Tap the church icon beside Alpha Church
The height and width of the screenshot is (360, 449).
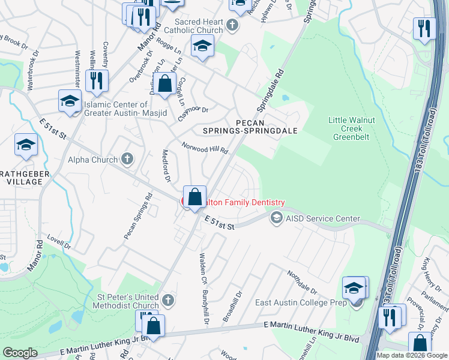pos(127,159)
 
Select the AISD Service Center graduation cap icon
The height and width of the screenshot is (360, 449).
pos(276,218)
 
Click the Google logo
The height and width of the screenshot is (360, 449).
pos(20,352)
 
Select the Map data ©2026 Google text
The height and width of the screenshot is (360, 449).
pos(412,355)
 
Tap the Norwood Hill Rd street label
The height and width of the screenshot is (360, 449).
pos(206,148)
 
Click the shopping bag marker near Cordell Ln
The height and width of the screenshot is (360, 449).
pos(164,85)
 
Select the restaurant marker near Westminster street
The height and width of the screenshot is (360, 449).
pos(97,80)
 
